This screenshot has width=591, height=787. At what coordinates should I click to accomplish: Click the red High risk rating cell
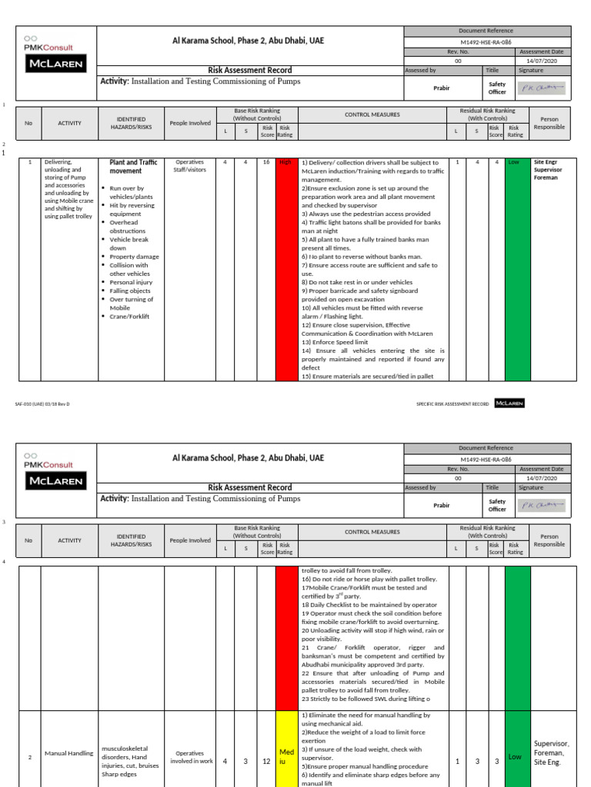coord(286,269)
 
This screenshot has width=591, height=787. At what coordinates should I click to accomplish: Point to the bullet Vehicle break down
coord(129,244)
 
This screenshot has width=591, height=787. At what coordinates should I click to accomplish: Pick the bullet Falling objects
coord(129,291)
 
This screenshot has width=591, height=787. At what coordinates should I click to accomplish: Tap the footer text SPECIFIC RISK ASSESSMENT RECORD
coord(452,403)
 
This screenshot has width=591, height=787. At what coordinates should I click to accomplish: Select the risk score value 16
coord(267,163)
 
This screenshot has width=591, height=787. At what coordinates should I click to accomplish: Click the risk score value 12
coord(267,762)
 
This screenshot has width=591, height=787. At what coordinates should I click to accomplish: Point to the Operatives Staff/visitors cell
coord(190,167)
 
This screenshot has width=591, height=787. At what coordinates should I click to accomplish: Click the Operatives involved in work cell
coord(190,758)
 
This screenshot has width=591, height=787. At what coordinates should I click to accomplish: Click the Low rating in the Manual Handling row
coord(516,756)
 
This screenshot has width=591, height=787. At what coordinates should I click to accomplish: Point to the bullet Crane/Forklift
coord(129,316)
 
